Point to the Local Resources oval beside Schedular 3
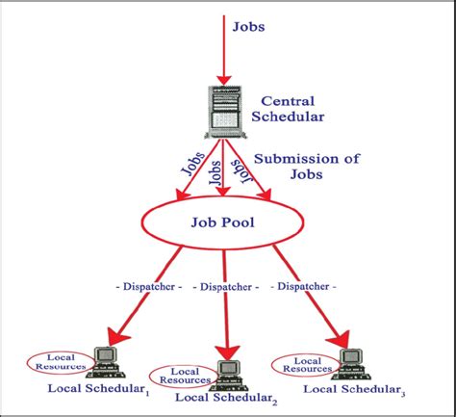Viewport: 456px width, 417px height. click(x=306, y=365)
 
